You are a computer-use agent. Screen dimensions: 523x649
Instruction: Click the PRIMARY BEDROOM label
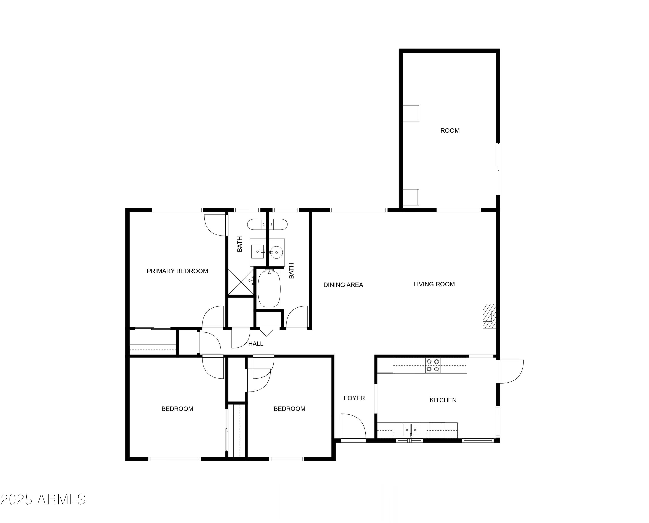pyautogui.click(x=177, y=271)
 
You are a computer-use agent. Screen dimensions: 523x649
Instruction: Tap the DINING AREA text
pyautogui.click(x=343, y=285)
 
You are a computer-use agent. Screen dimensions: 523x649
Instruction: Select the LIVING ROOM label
pyautogui.click(x=434, y=284)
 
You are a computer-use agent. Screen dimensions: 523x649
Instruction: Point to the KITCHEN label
pyautogui.click(x=443, y=400)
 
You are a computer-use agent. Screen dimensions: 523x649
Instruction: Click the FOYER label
pyautogui.click(x=354, y=398)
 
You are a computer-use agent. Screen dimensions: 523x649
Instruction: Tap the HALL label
pyautogui.click(x=256, y=344)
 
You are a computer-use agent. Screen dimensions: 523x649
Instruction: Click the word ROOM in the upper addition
pyautogui.click(x=450, y=130)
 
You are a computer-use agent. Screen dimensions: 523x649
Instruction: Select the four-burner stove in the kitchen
pyautogui.click(x=433, y=366)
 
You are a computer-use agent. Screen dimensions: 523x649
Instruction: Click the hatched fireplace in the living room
pyautogui.click(x=489, y=316)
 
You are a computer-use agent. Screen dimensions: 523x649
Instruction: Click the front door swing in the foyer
pyautogui.click(x=353, y=426)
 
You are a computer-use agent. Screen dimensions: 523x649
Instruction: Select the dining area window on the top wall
pyautogui.click(x=358, y=210)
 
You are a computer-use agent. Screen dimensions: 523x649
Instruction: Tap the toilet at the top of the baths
pyautogui.click(x=267, y=225)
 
